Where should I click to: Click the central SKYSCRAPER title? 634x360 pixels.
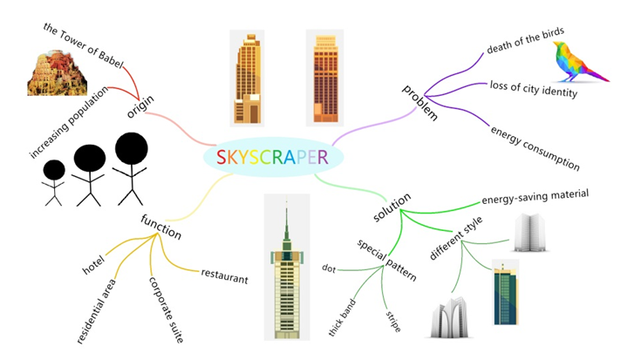coord(272,158)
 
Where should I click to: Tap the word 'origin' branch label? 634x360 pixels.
coord(140,106)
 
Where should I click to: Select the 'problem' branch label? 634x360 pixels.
coord(419,102)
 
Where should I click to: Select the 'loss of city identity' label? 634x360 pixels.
coord(534,89)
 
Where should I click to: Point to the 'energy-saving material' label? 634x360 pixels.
coord(535,196)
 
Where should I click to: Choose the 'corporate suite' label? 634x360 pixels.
coord(163,310)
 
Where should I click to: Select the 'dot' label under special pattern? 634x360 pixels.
coord(329,268)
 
